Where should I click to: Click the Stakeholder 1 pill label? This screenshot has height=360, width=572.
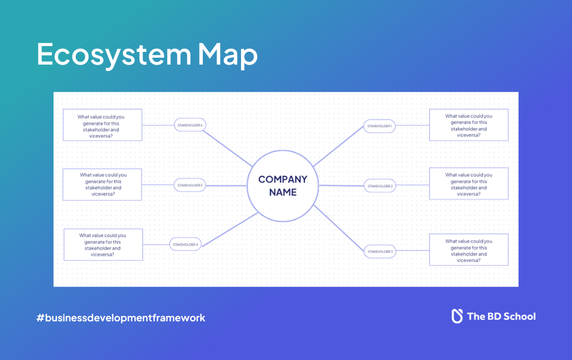[x=380, y=126]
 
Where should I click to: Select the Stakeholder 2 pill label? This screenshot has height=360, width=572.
[x=380, y=186]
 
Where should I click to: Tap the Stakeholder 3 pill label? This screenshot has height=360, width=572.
[x=380, y=251]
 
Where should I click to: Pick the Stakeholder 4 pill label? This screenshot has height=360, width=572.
[x=185, y=245]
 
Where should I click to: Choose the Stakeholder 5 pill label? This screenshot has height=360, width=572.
[x=190, y=185]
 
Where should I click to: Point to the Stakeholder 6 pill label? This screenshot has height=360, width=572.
[x=190, y=125]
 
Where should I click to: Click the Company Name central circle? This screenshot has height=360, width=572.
[x=282, y=185]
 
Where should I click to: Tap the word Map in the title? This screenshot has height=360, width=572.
[x=228, y=55]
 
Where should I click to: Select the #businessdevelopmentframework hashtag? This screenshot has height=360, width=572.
[x=121, y=318]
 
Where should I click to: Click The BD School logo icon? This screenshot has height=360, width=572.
[x=457, y=316]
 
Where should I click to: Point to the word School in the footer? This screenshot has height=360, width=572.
[x=519, y=317]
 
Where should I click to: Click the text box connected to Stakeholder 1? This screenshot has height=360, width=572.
[x=468, y=125]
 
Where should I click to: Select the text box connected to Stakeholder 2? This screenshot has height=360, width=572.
[x=468, y=184]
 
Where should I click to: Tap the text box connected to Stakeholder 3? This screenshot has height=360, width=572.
[x=468, y=250]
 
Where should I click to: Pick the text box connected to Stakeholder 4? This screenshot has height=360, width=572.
[x=103, y=245]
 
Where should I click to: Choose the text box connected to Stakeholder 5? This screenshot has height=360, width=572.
[x=102, y=184]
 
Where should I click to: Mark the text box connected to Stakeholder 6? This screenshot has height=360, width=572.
[x=102, y=125]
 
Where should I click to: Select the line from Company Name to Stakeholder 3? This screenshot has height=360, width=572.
[x=339, y=229]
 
